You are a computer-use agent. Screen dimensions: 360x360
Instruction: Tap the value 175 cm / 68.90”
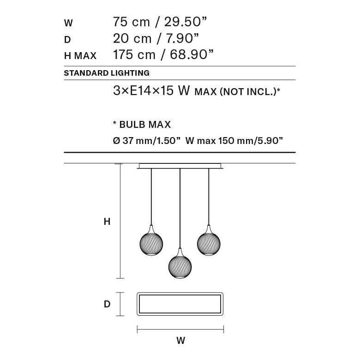[163, 55]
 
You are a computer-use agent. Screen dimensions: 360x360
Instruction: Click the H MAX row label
[80, 56]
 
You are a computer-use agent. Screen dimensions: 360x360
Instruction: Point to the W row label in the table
[68, 23]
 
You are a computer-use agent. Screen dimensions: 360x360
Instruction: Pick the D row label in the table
[67, 39]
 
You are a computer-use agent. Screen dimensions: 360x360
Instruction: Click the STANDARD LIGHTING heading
[107, 73]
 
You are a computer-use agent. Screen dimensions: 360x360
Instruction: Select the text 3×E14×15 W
[152, 91]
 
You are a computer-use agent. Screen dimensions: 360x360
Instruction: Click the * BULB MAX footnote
[142, 125]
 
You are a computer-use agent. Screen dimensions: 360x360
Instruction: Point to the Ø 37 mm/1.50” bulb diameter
[146, 141]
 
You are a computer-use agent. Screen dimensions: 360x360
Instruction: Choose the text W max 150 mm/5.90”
[234, 141]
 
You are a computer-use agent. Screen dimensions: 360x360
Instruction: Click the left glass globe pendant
[151, 241]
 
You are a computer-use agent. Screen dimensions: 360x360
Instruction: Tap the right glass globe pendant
[209, 241]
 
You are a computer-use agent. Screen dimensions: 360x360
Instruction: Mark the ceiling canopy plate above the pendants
[180, 166]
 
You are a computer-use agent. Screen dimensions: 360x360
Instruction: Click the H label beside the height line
[107, 222]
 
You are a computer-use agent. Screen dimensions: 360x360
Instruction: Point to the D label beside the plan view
[107, 304]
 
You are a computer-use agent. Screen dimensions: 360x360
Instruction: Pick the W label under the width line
[180, 341]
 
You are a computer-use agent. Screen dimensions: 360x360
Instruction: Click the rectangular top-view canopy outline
[180, 304]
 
